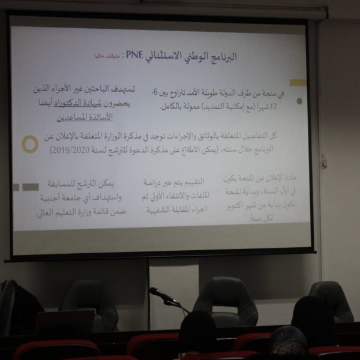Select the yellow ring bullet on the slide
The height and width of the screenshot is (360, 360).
click(x=29, y=144)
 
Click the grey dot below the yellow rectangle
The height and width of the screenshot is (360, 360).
click(x=299, y=101)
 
